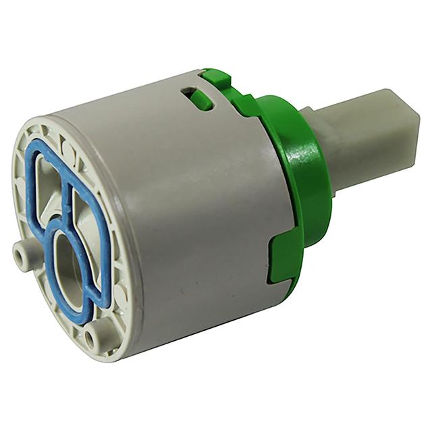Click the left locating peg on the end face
(x=21, y=255)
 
